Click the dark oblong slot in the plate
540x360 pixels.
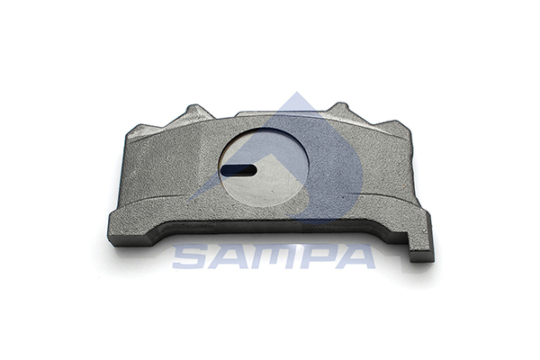tap(238, 170)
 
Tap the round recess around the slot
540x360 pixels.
tap(264, 167)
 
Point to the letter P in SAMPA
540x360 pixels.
tap(314, 256)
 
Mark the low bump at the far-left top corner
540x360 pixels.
tap(143, 131)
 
